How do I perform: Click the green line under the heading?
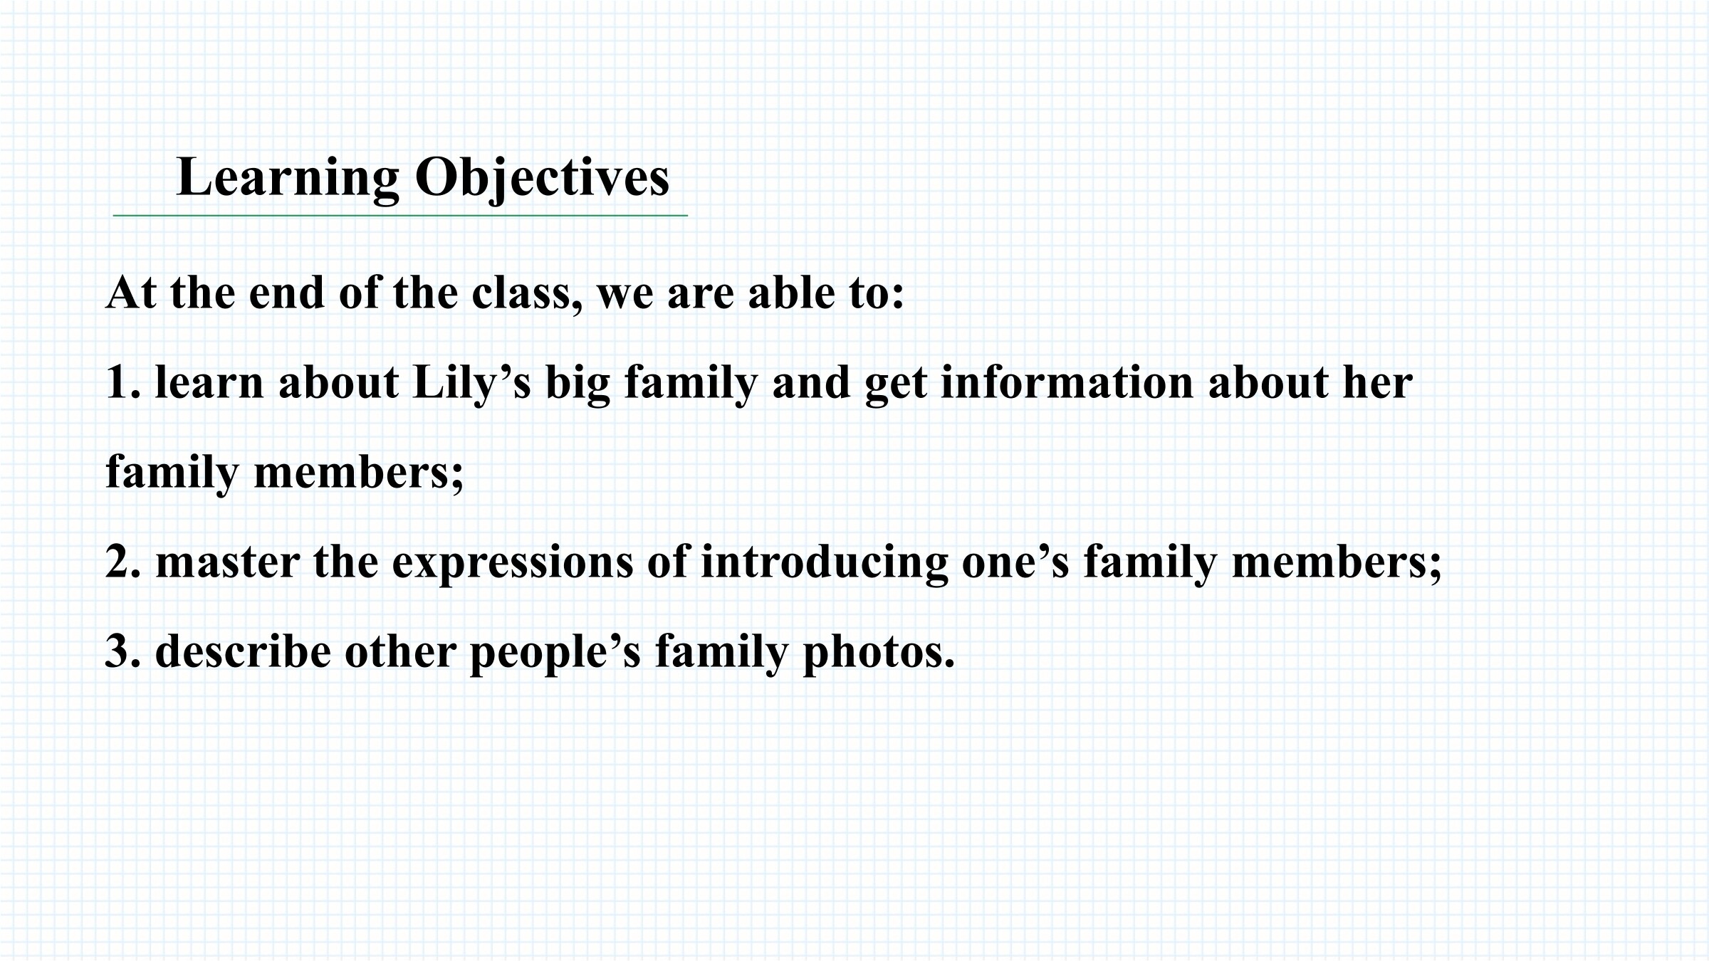(x=400, y=215)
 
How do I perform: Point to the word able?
(x=792, y=293)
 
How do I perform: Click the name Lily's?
(x=472, y=384)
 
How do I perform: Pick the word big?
(x=577, y=384)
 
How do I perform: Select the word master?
(x=227, y=562)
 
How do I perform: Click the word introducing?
(x=825, y=564)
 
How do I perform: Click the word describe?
(x=243, y=651)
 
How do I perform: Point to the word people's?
(x=555, y=653)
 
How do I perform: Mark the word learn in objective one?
(x=209, y=382)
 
